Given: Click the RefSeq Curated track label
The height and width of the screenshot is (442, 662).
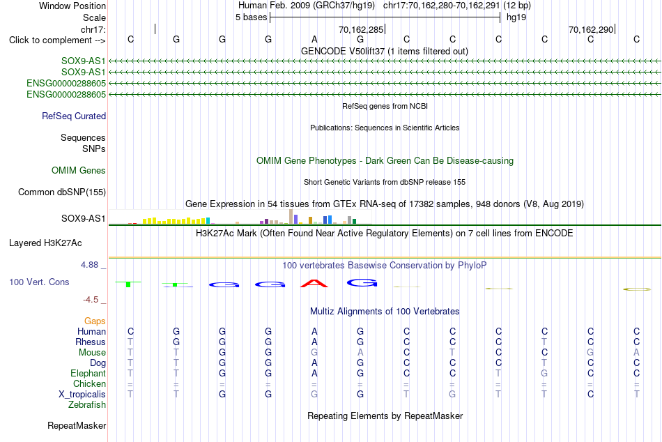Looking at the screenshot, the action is tap(74, 116).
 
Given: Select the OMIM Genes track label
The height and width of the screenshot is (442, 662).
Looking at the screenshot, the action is tap(79, 170).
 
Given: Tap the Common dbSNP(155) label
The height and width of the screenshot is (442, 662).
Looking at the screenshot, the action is tap(62, 192).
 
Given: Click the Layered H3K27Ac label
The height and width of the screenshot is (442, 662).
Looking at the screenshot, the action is tap(45, 243).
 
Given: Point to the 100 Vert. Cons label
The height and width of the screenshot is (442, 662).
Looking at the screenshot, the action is tap(39, 282).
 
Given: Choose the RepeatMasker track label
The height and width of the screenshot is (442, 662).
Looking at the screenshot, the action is tap(77, 425).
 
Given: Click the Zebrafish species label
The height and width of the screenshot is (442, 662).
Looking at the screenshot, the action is tap(87, 404).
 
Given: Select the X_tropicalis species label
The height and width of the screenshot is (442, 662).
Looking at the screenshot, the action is tap(82, 395).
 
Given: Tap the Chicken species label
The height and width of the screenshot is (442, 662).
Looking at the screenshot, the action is tap(89, 383).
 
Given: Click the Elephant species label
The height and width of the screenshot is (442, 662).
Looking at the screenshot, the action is tap(88, 373).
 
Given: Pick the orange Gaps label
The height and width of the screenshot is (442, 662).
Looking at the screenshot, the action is tap(95, 321).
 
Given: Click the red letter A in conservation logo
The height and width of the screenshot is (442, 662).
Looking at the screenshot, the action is tap(314, 283).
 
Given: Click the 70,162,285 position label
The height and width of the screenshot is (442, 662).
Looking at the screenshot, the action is tap(361, 29).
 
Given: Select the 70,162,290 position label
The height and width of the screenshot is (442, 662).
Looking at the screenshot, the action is tap(591, 29).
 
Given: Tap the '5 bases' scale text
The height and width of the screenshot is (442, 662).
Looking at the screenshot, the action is tap(251, 17).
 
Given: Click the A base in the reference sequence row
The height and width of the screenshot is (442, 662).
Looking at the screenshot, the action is tap(314, 39).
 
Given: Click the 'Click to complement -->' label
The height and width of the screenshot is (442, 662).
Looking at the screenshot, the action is tap(57, 40).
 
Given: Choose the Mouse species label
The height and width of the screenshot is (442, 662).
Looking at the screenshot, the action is tap(92, 353).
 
